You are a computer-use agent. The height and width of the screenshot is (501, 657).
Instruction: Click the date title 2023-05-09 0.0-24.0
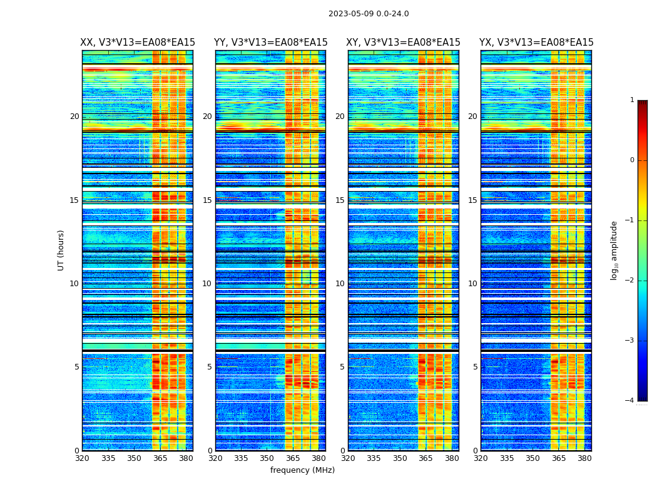369,14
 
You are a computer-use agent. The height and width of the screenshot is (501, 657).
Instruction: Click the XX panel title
138,43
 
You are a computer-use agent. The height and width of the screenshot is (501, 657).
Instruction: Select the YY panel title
270,43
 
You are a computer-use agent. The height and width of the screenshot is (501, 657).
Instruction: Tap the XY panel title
404,43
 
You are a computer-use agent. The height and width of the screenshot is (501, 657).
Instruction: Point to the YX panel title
536,43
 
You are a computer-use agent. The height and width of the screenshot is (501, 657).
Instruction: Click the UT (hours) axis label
61,250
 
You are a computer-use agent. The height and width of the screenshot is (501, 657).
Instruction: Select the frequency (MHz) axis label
302,470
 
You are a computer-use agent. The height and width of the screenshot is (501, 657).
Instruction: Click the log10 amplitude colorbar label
614,250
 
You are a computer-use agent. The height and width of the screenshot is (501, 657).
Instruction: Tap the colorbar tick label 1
632,100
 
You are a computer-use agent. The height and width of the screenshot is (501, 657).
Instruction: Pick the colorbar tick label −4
631,401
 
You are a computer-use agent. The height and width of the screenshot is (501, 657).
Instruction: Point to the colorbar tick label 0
632,160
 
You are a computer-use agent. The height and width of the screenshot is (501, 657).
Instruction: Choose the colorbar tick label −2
631,281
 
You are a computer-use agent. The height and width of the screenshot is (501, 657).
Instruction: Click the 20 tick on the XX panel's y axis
74,116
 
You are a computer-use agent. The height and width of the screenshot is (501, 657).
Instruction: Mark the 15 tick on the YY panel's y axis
207,200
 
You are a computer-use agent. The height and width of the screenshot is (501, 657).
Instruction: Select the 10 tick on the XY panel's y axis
340,284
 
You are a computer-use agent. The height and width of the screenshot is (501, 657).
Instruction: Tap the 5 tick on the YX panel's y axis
476,367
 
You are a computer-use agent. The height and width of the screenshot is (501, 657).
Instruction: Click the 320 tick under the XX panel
82,458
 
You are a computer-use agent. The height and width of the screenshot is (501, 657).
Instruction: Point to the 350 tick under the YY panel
267,458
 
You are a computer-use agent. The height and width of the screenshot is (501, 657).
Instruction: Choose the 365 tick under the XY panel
425,458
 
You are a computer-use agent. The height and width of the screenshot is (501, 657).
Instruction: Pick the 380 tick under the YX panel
584,458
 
